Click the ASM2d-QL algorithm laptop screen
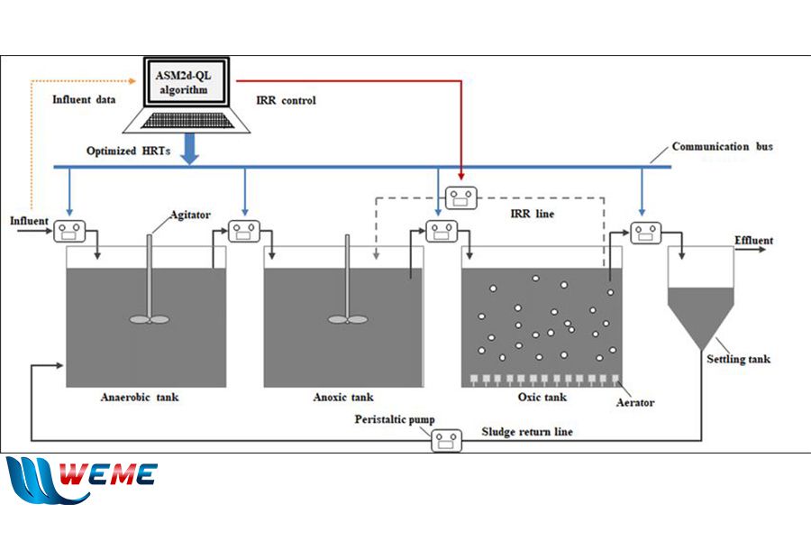tap(185, 82)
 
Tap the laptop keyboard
tap(187, 121)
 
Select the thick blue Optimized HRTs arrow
tap(190, 149)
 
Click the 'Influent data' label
tap(84, 99)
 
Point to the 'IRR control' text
tap(286, 100)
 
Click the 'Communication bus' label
tap(722, 146)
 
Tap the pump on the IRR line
tap(460, 197)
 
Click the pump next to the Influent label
tap(69, 232)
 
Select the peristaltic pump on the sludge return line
tap(447, 441)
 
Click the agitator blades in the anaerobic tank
tap(149, 319)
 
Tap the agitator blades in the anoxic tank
tap(348, 319)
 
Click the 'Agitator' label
tap(190, 215)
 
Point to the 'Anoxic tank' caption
tap(343, 397)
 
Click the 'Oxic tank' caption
tap(542, 397)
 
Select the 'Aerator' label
tap(635, 402)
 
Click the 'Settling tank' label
tap(738, 359)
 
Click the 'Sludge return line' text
tap(527, 432)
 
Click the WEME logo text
tap(108, 473)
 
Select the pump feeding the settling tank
tap(645, 233)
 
